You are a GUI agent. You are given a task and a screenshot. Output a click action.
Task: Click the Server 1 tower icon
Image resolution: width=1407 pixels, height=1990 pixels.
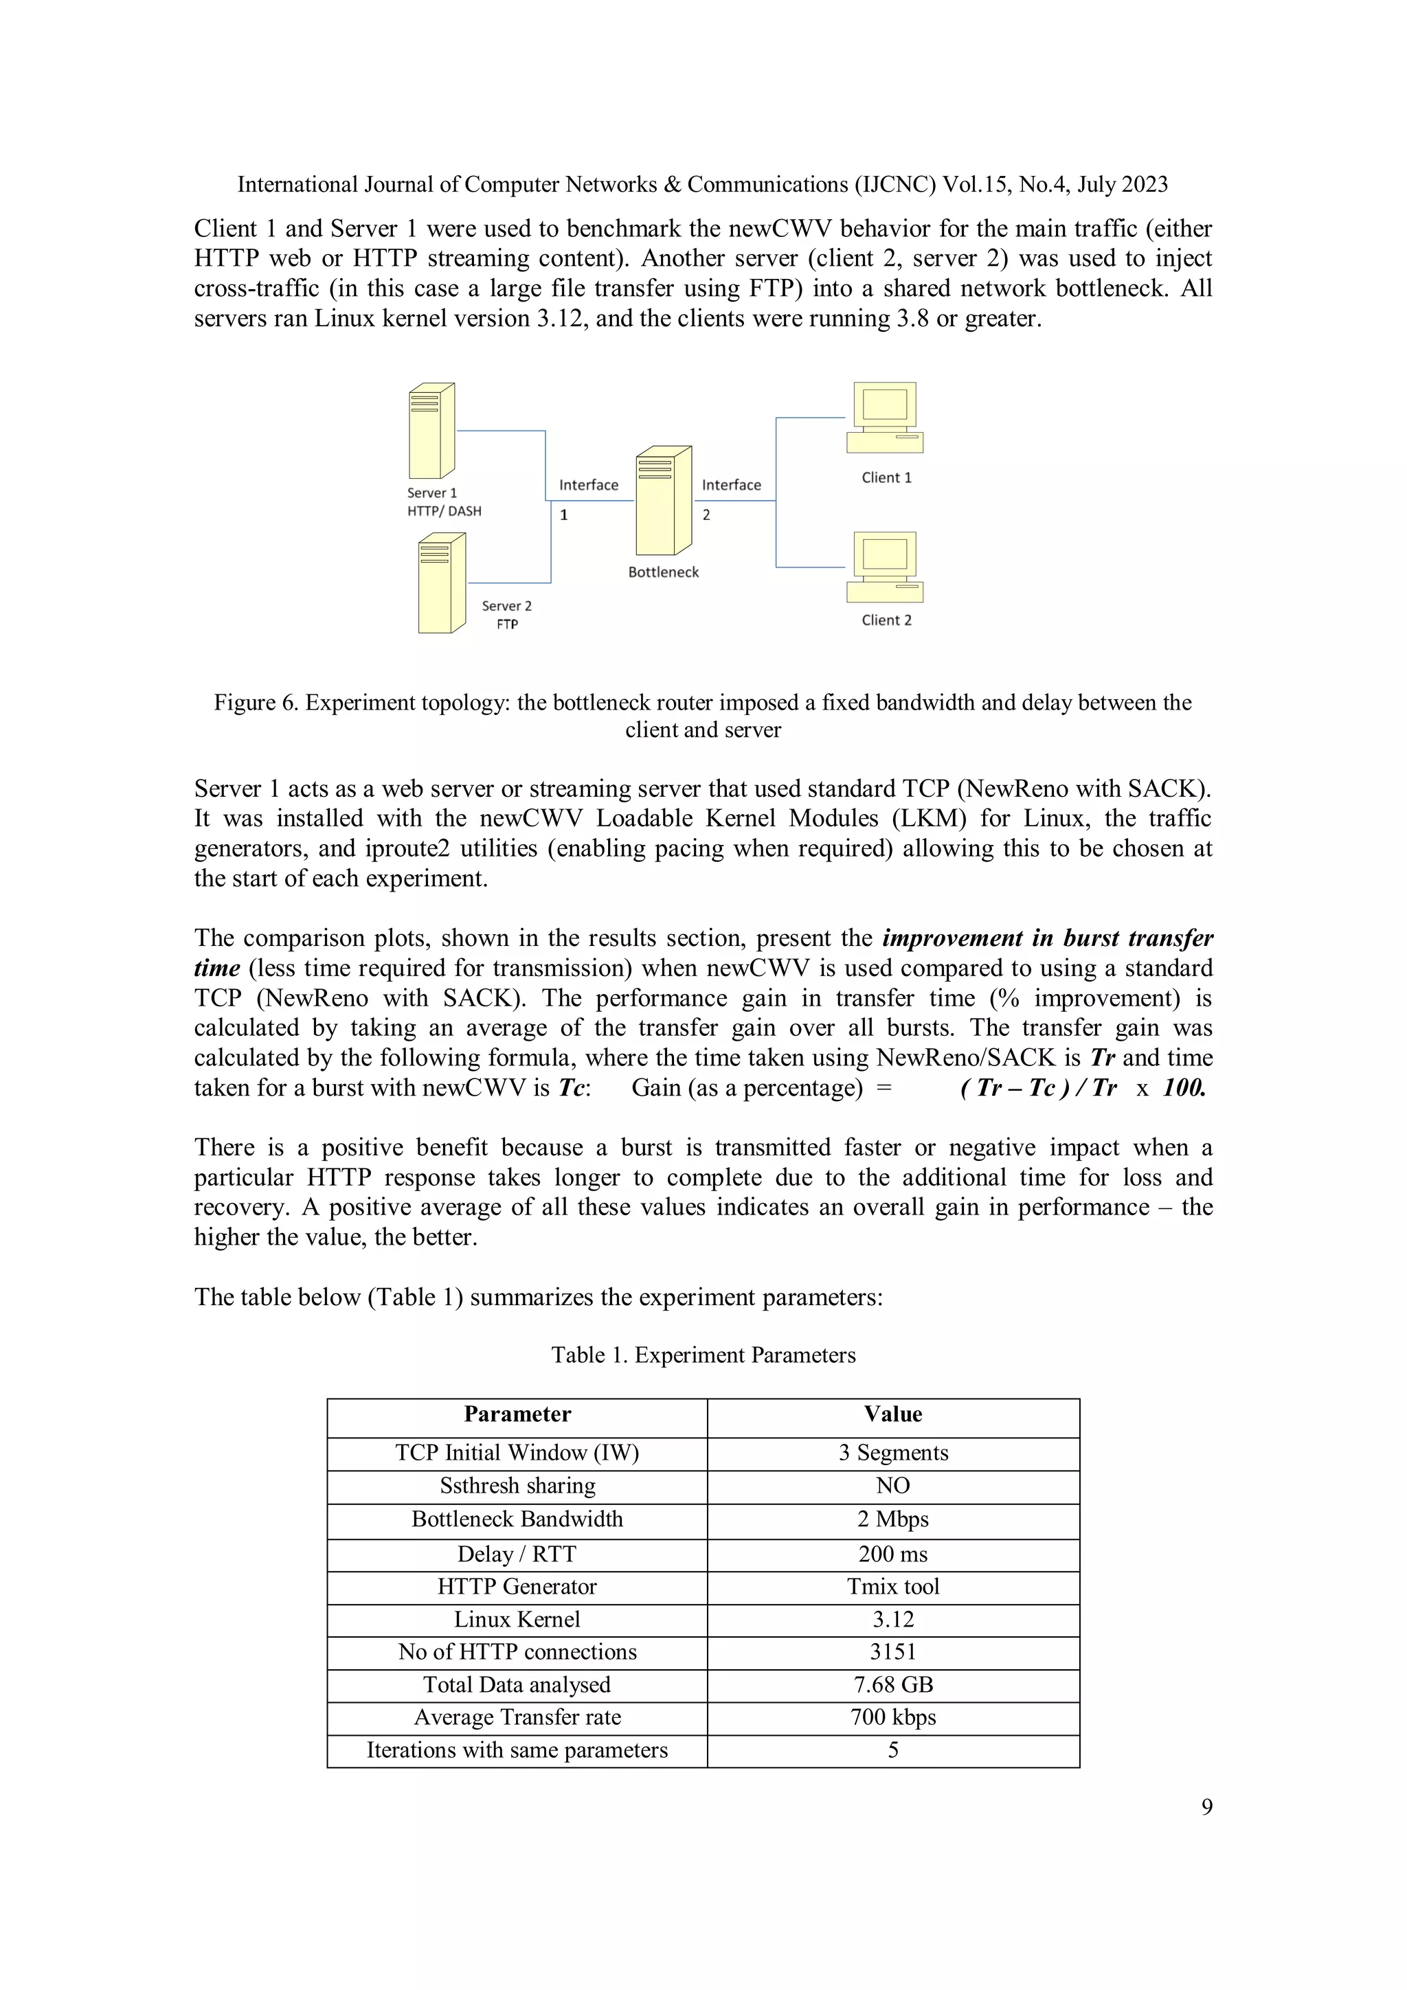[431, 430]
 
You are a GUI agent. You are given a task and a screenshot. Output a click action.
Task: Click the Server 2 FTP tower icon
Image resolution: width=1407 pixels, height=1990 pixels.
[441, 583]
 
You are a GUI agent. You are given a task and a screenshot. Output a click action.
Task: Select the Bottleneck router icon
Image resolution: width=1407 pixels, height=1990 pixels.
[663, 501]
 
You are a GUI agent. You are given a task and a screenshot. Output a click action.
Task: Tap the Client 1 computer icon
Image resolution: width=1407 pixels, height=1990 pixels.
[884, 418]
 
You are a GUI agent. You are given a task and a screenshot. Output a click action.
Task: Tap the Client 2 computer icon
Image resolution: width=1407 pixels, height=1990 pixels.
[884, 567]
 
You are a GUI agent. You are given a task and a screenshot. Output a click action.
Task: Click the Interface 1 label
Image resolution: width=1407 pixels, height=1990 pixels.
[589, 486]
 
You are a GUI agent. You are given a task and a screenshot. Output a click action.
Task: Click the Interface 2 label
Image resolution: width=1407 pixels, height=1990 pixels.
[731, 486]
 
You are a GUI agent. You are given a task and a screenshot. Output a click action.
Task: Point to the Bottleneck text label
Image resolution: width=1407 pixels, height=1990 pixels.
[663, 572]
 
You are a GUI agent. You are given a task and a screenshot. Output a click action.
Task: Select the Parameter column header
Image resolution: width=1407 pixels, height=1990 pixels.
[517, 1414]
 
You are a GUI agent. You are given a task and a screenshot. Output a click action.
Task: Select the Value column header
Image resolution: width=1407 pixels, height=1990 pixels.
[893, 1414]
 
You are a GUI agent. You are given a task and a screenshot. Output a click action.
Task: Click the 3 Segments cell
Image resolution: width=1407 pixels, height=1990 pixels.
[893, 1453]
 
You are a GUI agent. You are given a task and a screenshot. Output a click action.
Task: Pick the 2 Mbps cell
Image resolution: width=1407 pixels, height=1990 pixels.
[893, 1519]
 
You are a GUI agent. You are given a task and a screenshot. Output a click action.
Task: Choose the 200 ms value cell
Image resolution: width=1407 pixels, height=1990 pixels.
[893, 1554]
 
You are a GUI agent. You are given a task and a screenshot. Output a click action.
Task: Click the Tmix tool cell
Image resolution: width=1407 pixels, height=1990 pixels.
[893, 1587]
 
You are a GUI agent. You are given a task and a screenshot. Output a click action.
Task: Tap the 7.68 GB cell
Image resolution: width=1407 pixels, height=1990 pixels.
[893, 1685]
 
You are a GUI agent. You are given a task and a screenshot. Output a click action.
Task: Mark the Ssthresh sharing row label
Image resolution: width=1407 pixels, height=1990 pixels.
[517, 1486]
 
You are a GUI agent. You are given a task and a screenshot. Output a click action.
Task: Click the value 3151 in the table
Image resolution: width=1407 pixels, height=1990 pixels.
[893, 1652]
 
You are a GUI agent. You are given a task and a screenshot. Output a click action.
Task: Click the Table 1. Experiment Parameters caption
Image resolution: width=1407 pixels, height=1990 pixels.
[703, 1355]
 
